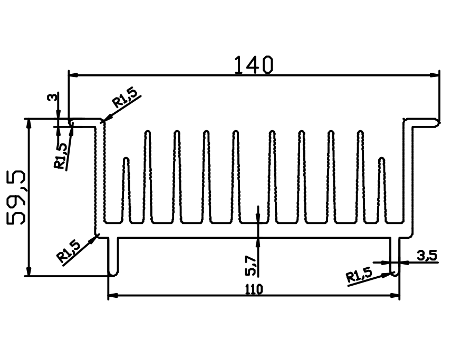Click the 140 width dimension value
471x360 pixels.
[254, 65]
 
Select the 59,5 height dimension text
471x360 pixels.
[16, 198]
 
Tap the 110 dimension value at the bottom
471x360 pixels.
[254, 289]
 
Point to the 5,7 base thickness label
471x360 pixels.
[251, 266]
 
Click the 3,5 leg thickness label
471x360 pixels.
[427, 256]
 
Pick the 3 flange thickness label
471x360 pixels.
[52, 98]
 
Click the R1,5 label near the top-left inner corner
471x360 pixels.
[126, 98]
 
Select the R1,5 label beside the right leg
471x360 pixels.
[359, 275]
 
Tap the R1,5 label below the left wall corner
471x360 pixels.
[69, 251]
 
